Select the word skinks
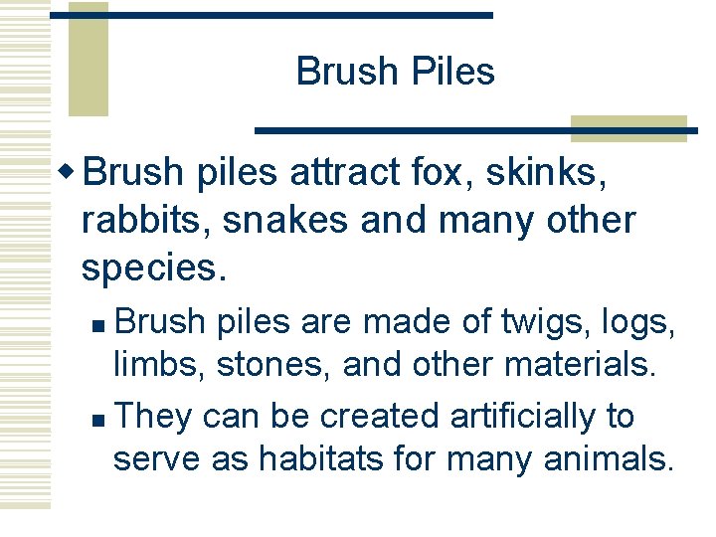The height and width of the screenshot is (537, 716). pos(548,173)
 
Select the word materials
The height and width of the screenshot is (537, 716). pos(581,365)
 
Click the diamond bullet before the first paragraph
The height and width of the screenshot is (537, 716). pos(69,171)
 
